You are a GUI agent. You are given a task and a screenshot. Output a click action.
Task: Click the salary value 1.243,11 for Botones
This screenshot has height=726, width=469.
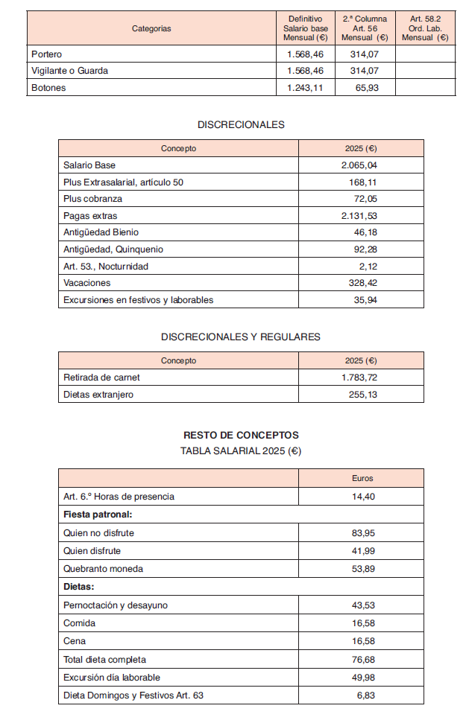pyautogui.click(x=305, y=88)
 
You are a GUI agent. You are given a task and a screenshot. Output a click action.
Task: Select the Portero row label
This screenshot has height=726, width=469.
pyautogui.click(x=47, y=54)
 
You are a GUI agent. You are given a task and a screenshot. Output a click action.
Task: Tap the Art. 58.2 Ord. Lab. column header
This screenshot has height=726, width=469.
pyautogui.click(x=425, y=28)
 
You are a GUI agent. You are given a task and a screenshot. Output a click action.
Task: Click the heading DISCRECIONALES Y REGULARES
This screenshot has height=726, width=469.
pyautogui.click(x=241, y=337)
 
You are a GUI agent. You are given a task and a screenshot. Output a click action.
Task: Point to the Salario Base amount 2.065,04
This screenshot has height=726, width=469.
pyautogui.click(x=359, y=165)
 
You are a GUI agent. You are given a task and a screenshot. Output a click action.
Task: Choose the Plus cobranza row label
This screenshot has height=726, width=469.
pyautogui.click(x=92, y=199)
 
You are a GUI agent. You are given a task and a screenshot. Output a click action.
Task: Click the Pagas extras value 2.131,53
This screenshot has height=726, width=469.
pyautogui.click(x=359, y=216)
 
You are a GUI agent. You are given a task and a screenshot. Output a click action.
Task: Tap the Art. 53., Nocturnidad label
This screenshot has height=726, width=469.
pyautogui.click(x=106, y=267)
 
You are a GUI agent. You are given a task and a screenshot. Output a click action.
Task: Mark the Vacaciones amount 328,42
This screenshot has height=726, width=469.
pyautogui.click(x=362, y=283)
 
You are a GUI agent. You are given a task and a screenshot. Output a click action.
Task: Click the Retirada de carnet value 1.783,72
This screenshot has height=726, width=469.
pyautogui.click(x=359, y=378)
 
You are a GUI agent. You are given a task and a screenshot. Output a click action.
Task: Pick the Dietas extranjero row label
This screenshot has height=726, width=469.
pyautogui.click(x=98, y=395)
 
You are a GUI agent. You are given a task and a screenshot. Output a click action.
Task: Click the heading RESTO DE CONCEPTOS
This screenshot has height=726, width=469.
pyautogui.click(x=241, y=435)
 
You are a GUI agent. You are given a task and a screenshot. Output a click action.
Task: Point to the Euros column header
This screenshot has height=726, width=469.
pyautogui.click(x=362, y=478)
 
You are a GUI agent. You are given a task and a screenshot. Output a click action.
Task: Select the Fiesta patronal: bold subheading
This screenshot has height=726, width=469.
pyautogui.click(x=98, y=514)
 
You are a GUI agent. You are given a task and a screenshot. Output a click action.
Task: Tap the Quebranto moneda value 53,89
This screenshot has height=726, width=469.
pyautogui.click(x=363, y=569)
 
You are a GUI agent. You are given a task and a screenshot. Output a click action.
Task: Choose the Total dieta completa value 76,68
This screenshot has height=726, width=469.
pyautogui.click(x=363, y=659)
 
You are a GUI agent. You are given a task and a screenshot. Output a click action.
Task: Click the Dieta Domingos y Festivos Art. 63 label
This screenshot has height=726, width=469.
pyautogui.click(x=133, y=695)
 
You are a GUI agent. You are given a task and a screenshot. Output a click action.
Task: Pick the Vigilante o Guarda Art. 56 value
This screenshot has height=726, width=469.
pyautogui.click(x=365, y=71)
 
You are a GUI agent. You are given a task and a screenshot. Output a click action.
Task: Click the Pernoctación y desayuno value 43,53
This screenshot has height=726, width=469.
pyautogui.click(x=363, y=605)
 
